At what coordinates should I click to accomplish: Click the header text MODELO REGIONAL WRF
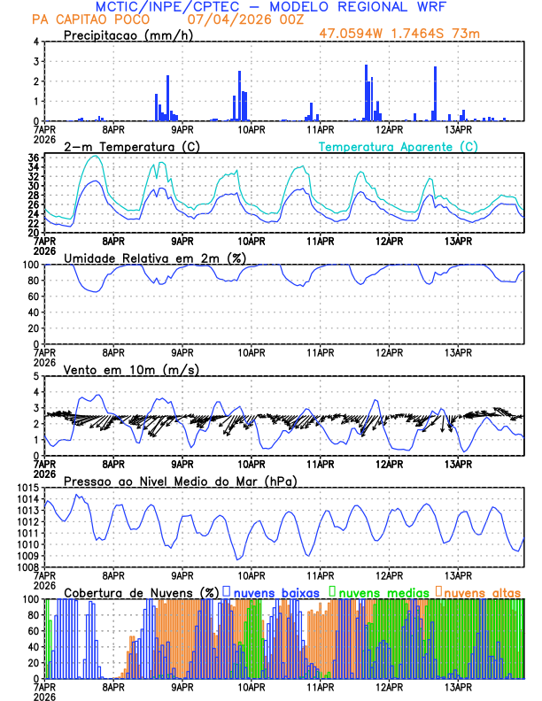point(372,7)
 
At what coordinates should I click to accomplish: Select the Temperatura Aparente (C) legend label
point(398,146)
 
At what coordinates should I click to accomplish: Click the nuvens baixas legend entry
point(277,592)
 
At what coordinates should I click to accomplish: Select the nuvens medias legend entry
point(377,592)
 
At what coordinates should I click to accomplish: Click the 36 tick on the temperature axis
point(32,158)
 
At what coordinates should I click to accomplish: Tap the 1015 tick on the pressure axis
point(27,489)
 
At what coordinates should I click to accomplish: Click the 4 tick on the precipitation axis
point(35,42)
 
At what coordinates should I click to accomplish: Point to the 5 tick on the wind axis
point(35,376)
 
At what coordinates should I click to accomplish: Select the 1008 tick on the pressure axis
point(27,566)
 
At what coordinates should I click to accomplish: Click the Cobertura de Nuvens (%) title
point(141,592)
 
